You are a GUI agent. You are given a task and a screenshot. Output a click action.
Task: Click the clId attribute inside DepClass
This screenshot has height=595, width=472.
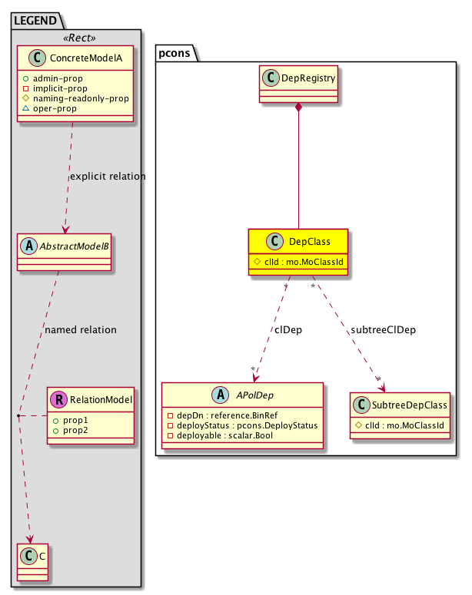click(297, 262)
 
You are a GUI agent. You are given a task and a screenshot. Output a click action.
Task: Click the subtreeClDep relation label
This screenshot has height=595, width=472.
click(382, 329)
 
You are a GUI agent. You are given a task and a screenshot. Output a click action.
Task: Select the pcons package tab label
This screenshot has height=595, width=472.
click(178, 53)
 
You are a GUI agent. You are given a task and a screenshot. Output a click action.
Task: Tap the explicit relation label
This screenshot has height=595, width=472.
click(108, 177)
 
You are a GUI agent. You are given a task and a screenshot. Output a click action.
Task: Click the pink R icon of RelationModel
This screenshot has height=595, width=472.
click(59, 398)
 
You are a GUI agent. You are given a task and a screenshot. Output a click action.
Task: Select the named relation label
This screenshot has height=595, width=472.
click(81, 329)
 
